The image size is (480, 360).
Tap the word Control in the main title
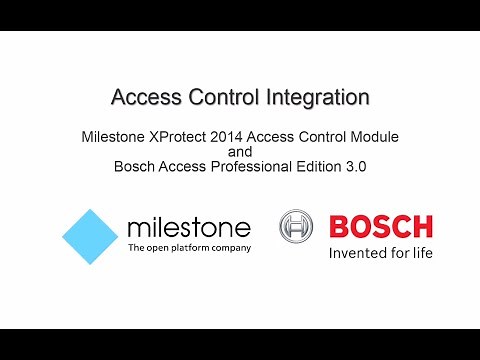coord(221,98)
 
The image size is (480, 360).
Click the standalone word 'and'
coord(240,151)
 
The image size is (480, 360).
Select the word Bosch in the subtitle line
coord(135,168)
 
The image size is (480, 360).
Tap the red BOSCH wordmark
coord(380,226)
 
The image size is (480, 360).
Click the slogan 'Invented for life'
coord(380,252)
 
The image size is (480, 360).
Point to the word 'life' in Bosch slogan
coord(420,252)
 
